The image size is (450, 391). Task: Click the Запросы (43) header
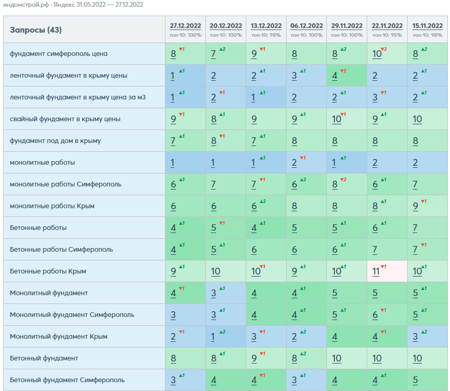click(x=36, y=30)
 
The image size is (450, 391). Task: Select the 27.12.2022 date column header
click(x=185, y=26)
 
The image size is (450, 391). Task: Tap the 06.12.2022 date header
click(x=307, y=26)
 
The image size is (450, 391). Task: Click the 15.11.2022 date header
click(x=427, y=26)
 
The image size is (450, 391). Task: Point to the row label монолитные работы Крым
click(x=52, y=206)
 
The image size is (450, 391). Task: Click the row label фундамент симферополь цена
click(x=58, y=54)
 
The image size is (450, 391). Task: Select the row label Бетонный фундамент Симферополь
click(x=67, y=380)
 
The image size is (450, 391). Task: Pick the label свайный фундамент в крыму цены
click(x=65, y=119)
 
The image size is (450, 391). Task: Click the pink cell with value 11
click(x=387, y=271)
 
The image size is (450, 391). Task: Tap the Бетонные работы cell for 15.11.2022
click(x=427, y=227)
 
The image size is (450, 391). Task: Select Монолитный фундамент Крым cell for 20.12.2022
click(x=226, y=337)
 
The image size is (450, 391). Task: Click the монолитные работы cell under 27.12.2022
click(x=185, y=162)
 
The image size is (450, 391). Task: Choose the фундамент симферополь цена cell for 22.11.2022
click(x=387, y=54)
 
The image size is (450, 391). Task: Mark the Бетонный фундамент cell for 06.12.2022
click(x=307, y=358)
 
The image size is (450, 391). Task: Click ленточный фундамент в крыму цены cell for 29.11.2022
click(x=347, y=75)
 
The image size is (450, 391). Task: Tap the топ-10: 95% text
click(x=387, y=35)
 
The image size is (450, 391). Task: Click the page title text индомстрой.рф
click(x=26, y=5)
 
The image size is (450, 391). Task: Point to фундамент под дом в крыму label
click(x=55, y=141)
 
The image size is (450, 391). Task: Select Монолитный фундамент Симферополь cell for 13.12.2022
click(x=266, y=314)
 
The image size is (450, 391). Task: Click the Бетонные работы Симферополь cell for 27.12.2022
click(x=185, y=250)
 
